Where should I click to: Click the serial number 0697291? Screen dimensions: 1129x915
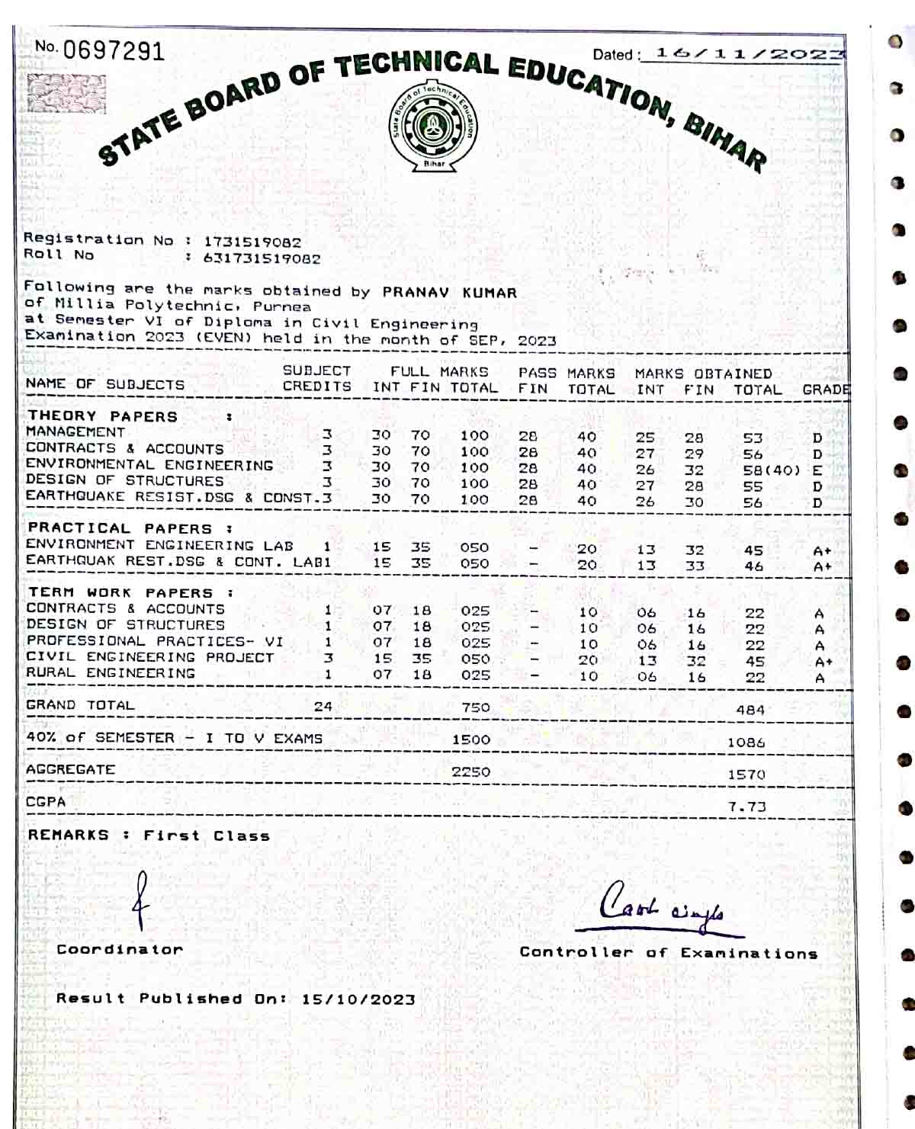pyautogui.click(x=113, y=51)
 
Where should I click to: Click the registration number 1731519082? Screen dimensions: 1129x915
pyautogui.click(x=252, y=242)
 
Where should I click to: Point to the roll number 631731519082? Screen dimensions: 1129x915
pyautogui.click(x=262, y=258)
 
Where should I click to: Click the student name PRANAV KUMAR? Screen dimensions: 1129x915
pyautogui.click(x=449, y=292)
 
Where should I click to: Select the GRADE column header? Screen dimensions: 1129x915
pyautogui.click(x=826, y=390)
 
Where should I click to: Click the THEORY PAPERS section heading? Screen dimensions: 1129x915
pyautogui.click(x=102, y=416)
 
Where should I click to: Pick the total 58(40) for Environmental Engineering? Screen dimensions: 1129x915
pyautogui.click(x=771, y=470)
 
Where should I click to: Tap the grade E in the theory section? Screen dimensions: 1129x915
pyautogui.click(x=817, y=470)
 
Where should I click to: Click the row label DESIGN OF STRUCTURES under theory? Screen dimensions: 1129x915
pyautogui.click(x=124, y=480)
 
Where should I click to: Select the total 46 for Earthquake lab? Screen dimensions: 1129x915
pyautogui.click(x=753, y=566)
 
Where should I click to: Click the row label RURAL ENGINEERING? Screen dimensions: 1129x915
pyautogui.click(x=110, y=673)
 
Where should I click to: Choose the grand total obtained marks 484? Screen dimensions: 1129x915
pyautogui.click(x=750, y=710)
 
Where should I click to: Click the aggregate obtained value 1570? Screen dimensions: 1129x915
pyautogui.click(x=746, y=775)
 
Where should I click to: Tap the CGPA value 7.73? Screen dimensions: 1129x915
pyautogui.click(x=746, y=807)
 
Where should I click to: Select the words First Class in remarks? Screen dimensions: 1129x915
pyautogui.click(x=207, y=836)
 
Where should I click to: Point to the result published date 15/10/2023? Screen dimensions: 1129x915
pyautogui.click(x=358, y=999)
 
